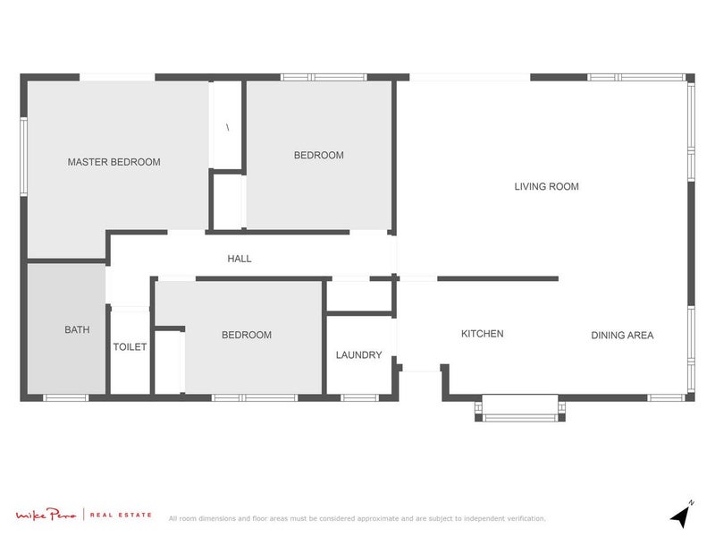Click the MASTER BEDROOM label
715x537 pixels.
pyautogui.click(x=114, y=162)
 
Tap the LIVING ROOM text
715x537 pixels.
pyautogui.click(x=546, y=187)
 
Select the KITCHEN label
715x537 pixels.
pyautogui.click(x=482, y=334)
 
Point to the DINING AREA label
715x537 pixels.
pyautogui.click(x=622, y=336)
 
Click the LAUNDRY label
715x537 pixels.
pyautogui.click(x=358, y=355)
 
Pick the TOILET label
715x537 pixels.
pyautogui.click(x=130, y=347)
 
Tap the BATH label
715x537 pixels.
pyautogui.click(x=77, y=330)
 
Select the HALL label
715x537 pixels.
pyautogui.click(x=239, y=259)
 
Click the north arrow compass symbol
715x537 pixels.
pyautogui.click(x=682, y=515)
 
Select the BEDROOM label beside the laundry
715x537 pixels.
pyautogui.click(x=246, y=336)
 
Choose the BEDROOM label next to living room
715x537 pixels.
pyautogui.click(x=318, y=156)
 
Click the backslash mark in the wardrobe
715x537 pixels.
pyautogui.click(x=228, y=127)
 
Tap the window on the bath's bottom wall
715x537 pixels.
pyautogui.click(x=66, y=397)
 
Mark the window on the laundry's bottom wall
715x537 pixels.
pyautogui.click(x=359, y=397)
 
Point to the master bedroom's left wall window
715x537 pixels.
pyautogui.click(x=24, y=157)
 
